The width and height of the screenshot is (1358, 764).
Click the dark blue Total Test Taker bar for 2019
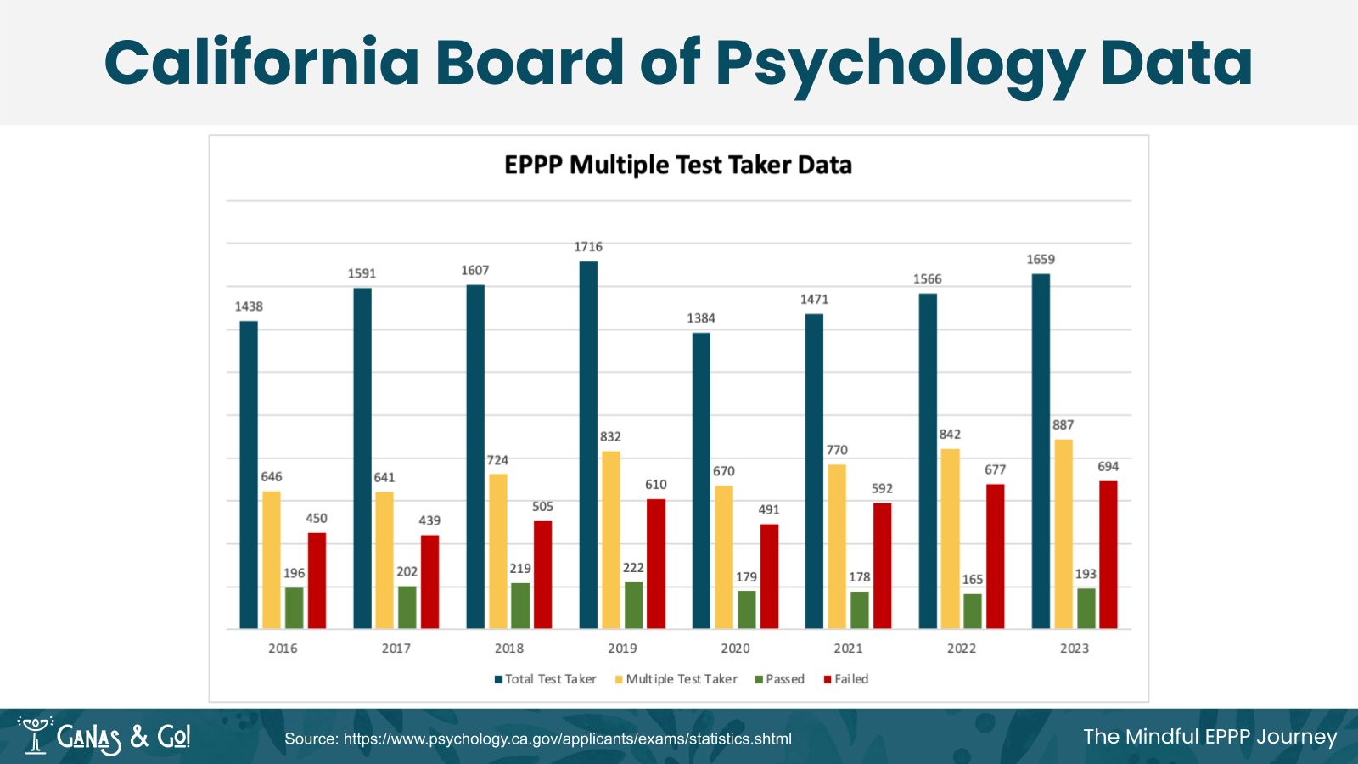pyautogui.click(x=588, y=445)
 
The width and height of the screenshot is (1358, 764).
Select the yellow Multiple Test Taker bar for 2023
pyautogui.click(x=1063, y=534)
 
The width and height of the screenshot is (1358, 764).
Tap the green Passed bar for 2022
pyautogui.click(x=973, y=611)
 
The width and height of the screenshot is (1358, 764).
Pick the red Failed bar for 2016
pyautogui.click(x=317, y=581)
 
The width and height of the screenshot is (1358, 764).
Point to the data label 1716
pyautogui.click(x=588, y=247)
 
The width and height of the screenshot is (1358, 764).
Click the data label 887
pyautogui.click(x=1063, y=425)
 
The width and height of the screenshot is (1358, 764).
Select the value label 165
pyautogui.click(x=973, y=580)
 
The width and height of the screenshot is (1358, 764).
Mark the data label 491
pyautogui.click(x=769, y=510)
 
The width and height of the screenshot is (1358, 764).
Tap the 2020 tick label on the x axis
pyautogui.click(x=735, y=649)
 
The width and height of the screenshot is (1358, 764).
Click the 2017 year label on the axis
pyautogui.click(x=396, y=649)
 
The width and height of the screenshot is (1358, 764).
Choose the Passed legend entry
pyautogui.click(x=780, y=679)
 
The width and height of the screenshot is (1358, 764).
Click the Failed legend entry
pyautogui.click(x=846, y=679)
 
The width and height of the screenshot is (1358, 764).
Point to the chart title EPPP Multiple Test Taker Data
pyautogui.click(x=678, y=165)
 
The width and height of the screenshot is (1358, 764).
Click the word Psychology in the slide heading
pyautogui.click(x=900, y=65)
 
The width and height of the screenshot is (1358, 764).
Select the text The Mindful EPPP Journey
pyautogui.click(x=1209, y=737)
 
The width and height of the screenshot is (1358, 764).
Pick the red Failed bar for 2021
pyautogui.click(x=883, y=565)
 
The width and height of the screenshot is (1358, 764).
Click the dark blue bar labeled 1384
pyautogui.click(x=701, y=480)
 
